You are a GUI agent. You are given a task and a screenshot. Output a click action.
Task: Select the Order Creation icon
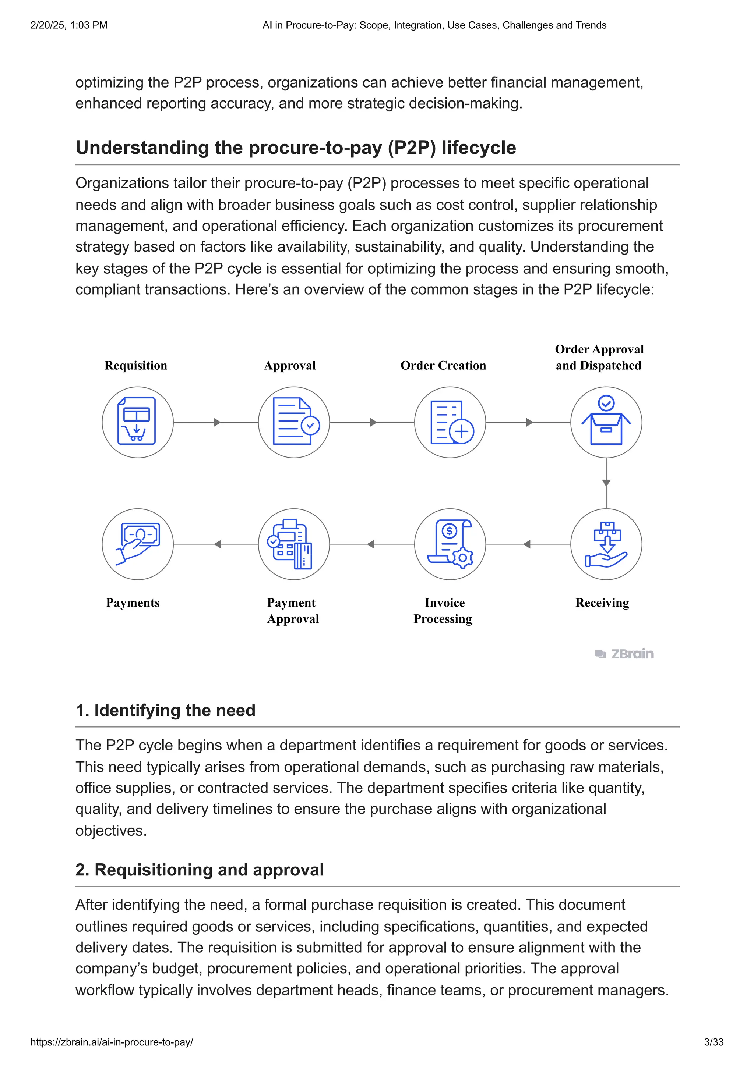tap(450, 422)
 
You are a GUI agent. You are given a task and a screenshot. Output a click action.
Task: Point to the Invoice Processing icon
tap(450, 544)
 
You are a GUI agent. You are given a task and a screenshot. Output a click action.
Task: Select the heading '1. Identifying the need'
tap(165, 710)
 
